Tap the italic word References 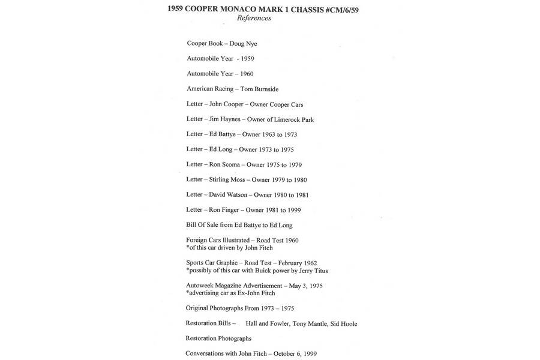254,19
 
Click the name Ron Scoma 225,164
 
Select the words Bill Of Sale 203,225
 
